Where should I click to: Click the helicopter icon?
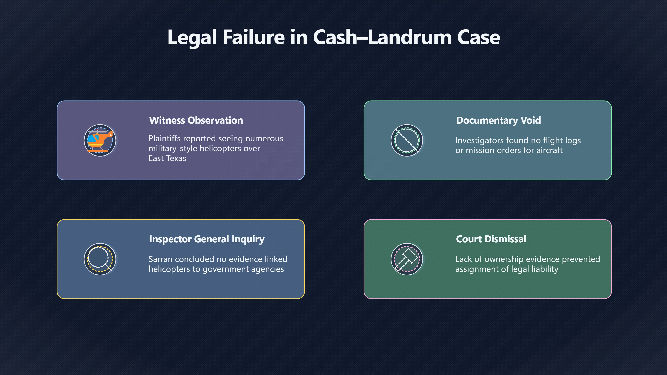(100, 140)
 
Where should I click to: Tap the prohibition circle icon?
(407, 140)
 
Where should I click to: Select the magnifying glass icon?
(100, 259)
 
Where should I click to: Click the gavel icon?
(407, 259)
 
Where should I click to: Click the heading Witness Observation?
(196, 120)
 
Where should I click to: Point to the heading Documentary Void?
(499, 120)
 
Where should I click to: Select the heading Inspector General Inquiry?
(207, 239)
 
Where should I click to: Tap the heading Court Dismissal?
(491, 239)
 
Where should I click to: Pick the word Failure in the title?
(254, 37)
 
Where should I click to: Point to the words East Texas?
(167, 158)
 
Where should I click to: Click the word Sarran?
(160, 259)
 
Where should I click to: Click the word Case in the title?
(479, 37)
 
